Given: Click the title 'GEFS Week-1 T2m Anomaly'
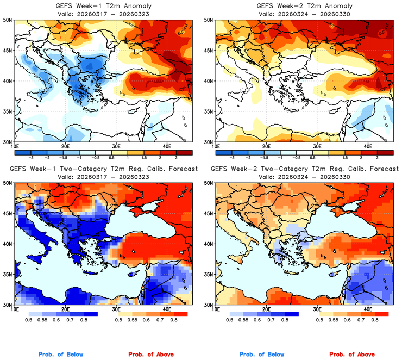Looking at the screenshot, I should coord(103,6).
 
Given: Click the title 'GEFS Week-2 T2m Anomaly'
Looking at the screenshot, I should coord(304,6).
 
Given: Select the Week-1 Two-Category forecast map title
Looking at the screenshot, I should coord(103,170).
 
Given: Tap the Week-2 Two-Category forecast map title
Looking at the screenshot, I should coord(304,170).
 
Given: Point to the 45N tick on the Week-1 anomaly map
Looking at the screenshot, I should coord(9,51).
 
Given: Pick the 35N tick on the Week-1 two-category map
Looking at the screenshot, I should coord(9,275).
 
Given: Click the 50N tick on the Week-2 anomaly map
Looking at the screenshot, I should coord(209,20).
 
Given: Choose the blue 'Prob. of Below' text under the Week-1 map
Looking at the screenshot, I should coord(61,355).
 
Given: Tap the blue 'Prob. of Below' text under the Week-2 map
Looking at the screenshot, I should coord(261,355).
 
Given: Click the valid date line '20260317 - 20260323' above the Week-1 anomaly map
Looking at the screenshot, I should coord(103,14).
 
